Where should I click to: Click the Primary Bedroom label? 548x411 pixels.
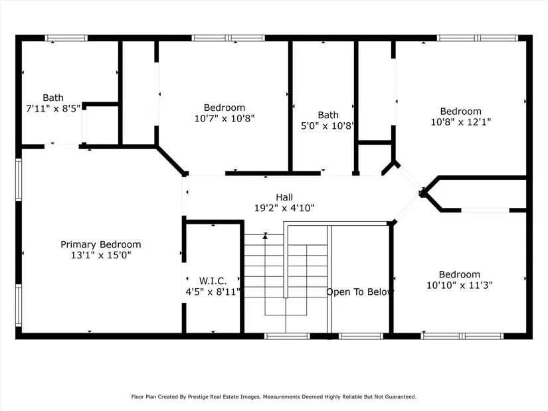pos(101,244)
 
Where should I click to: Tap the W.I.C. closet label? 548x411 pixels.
pos(213,281)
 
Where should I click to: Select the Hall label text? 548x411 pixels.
pos(284,197)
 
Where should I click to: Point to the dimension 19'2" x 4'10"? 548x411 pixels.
pos(284,208)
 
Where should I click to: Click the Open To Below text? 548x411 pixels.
pos(359,292)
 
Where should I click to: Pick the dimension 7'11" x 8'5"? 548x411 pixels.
pos(53,108)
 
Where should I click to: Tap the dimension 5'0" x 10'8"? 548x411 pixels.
pos(327,125)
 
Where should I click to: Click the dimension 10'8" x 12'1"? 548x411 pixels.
pos(460,122)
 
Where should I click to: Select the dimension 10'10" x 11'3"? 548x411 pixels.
pos(460,286)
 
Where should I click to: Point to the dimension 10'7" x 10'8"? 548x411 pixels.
pos(225,118)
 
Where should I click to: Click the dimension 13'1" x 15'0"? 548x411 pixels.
pos(101,255)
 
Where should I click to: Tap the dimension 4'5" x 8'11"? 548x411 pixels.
pos(213,291)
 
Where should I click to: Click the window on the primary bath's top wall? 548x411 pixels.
pos(66,38)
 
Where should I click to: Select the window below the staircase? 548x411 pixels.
pos(287,336)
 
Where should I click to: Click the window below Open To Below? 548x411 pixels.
pos(361,336)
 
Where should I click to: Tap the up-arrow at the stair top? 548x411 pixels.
pos(265,236)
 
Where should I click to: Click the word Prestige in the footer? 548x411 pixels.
pos(199,396)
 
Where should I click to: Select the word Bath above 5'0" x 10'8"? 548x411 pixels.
pos(328,115)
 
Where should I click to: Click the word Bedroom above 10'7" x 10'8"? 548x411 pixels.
pos(225,108)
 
